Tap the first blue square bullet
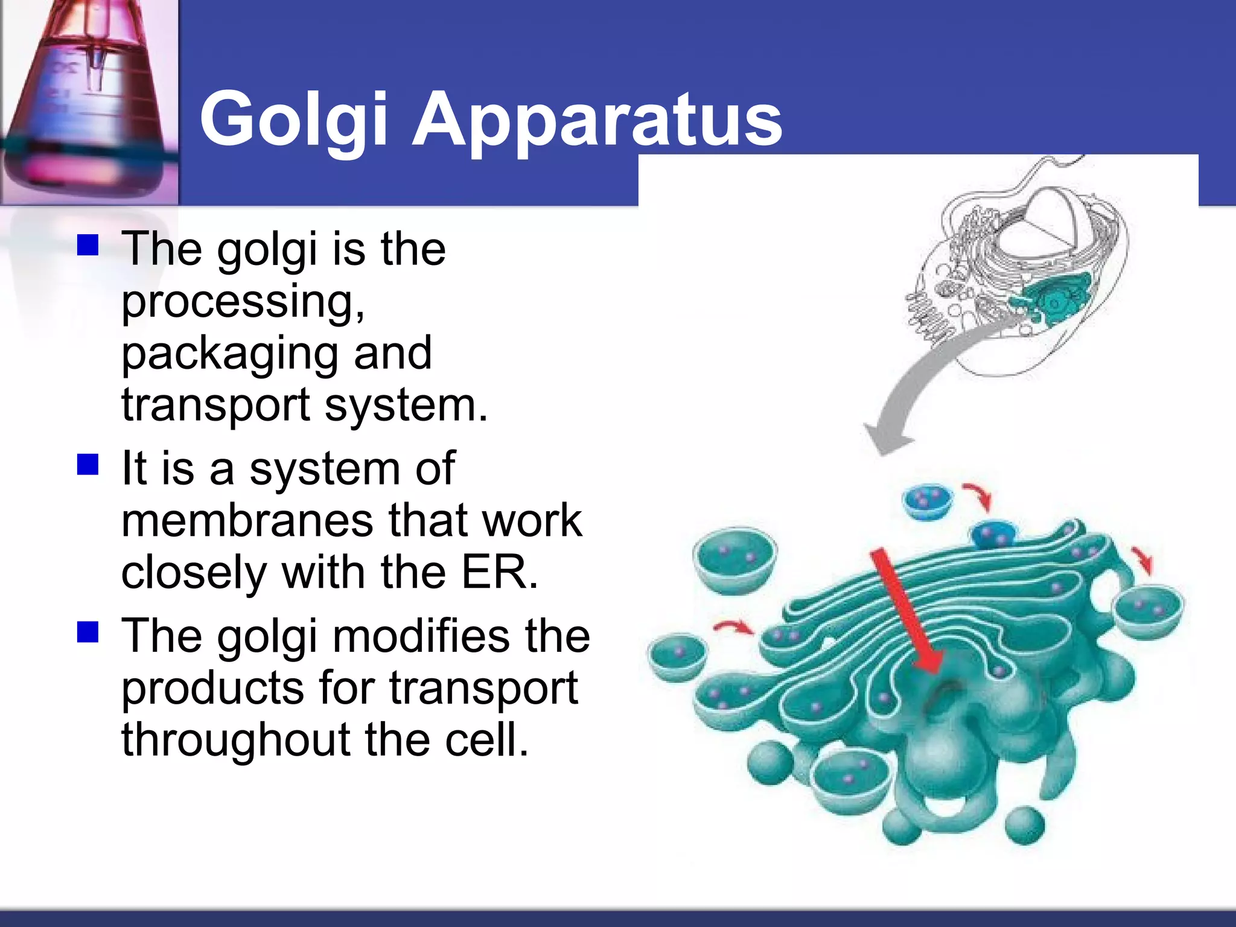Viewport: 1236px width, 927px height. (88, 246)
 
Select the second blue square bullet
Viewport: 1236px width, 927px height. (88, 465)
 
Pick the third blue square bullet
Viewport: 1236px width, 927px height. (88, 632)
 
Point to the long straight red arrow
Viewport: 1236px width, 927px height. (905, 610)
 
